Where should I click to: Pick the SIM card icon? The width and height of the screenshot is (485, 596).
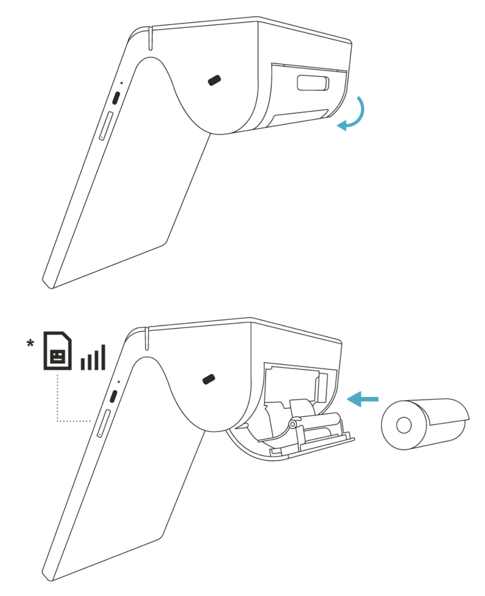pyautogui.click(x=57, y=350)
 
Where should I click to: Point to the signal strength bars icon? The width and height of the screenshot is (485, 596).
pyautogui.click(x=93, y=357)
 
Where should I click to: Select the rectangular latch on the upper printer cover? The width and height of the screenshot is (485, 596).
pyautogui.click(x=313, y=83)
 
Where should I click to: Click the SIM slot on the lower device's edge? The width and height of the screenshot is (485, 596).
pyautogui.click(x=103, y=423)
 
